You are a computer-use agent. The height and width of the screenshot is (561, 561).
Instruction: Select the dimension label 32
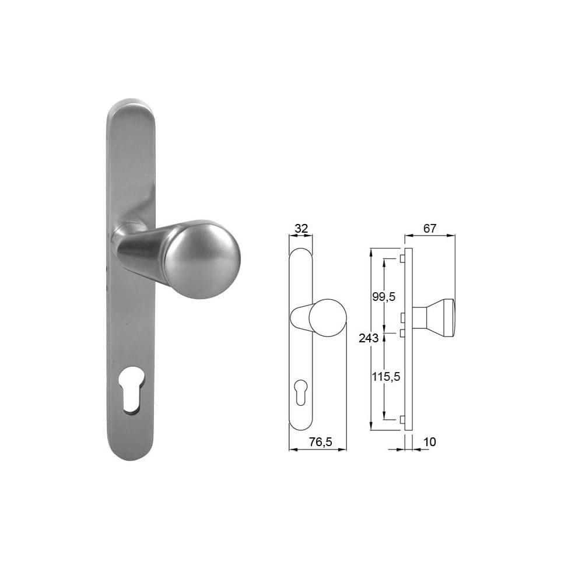coord(300,228)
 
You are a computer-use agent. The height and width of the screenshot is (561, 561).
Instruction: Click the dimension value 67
coord(430,228)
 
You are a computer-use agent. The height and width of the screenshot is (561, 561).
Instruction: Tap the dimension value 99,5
coord(384,296)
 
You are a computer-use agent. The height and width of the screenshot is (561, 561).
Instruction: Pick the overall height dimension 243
coord(369,338)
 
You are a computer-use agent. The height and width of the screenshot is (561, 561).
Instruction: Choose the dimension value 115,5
coord(385,377)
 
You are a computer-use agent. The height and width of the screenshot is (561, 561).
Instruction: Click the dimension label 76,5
coord(321,442)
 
